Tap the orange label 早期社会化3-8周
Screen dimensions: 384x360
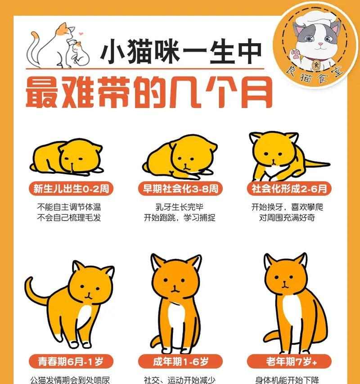coord(180,188)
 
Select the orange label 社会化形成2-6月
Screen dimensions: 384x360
coord(289,188)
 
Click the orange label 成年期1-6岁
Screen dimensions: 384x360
coord(180,361)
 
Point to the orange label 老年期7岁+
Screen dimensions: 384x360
coord(289,361)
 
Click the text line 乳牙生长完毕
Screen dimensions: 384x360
coord(180,208)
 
